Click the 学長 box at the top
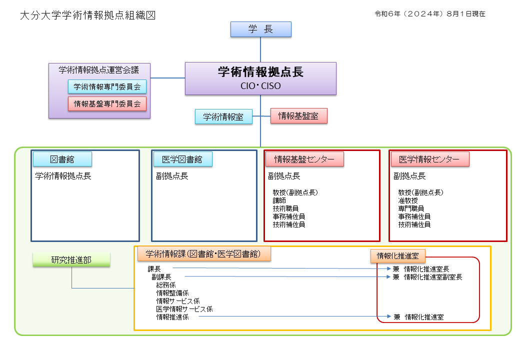point(261,29)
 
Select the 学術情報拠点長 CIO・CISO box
point(260,78)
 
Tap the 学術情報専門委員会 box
point(107,86)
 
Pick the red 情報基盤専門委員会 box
point(107,104)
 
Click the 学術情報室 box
point(223,116)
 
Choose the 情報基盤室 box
point(299,116)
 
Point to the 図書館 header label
point(62,159)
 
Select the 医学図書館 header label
point(182,159)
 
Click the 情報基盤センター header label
point(304,159)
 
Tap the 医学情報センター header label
point(430,159)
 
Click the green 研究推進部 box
point(71,259)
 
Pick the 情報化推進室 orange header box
point(398,256)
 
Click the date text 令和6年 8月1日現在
point(430,13)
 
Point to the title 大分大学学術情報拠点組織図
point(88,15)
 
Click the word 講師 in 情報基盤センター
point(279,200)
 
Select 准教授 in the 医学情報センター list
point(408,200)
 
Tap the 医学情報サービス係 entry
point(184,309)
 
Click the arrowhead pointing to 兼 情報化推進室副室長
point(388,277)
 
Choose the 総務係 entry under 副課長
point(166,285)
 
